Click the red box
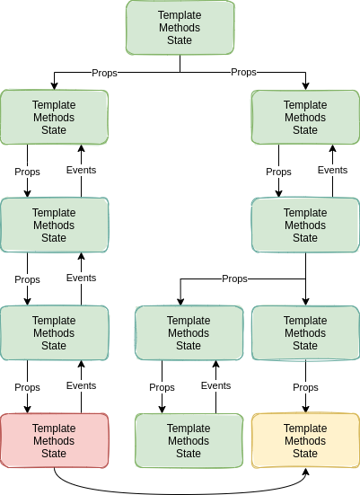click(x=54, y=440)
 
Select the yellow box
click(x=305, y=440)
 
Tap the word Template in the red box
click(x=54, y=428)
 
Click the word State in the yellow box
click(x=305, y=454)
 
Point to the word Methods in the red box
click(x=54, y=440)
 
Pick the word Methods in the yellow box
click(x=305, y=440)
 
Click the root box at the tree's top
click(x=180, y=28)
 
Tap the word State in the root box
click(x=180, y=40)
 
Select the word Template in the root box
click(x=180, y=15)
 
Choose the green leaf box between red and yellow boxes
click(x=189, y=440)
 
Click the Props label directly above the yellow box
click(x=305, y=387)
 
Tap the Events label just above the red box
click(x=81, y=385)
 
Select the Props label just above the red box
click(x=27, y=387)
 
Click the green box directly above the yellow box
click(x=305, y=332)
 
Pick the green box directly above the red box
click(x=54, y=332)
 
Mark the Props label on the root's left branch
click(x=104, y=73)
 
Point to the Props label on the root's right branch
click(x=243, y=72)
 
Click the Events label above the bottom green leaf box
click(x=215, y=385)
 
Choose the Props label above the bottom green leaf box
click(x=162, y=387)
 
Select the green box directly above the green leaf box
click(x=189, y=332)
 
